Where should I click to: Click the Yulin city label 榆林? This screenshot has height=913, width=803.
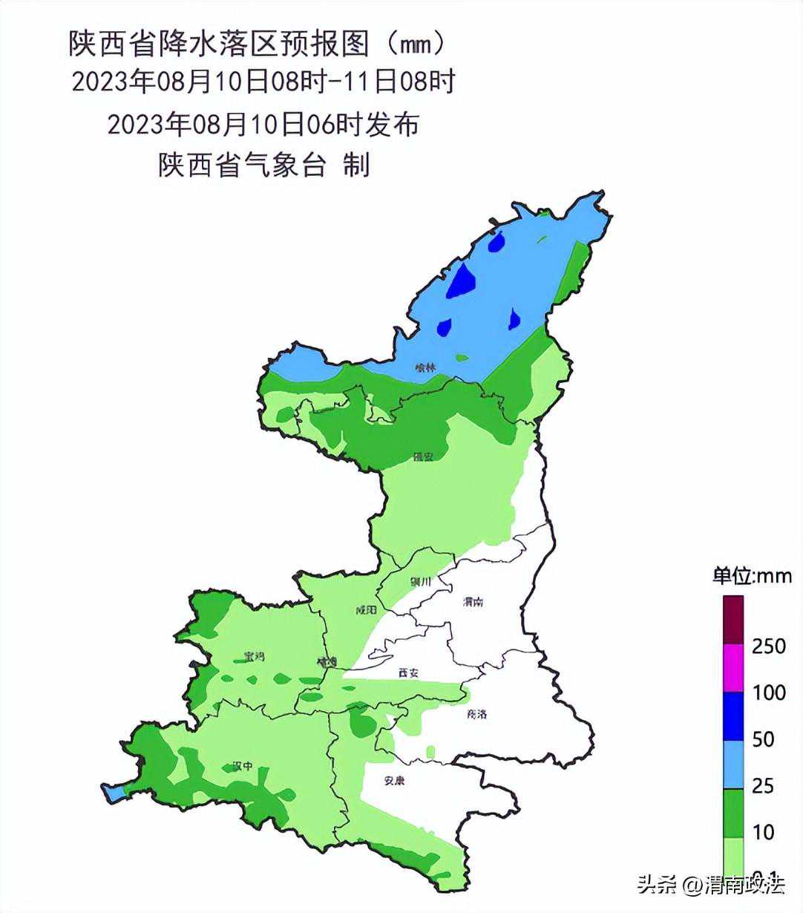pos(425,366)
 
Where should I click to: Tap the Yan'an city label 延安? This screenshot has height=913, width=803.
pos(423,456)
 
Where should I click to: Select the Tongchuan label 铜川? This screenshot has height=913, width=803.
pos(420,582)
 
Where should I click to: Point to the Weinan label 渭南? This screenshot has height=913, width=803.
pos(472,601)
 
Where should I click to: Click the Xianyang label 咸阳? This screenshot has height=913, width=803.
pos(366,610)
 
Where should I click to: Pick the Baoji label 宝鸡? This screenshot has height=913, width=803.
pos(254,656)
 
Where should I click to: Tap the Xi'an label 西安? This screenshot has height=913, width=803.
pos(408,673)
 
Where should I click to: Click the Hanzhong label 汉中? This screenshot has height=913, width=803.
pos(243,766)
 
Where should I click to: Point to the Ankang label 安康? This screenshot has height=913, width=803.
pos(395,780)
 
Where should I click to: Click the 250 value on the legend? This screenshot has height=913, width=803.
pos(769,646)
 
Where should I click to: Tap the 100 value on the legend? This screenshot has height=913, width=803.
pos(769,693)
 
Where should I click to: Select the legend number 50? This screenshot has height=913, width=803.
pos(763,739)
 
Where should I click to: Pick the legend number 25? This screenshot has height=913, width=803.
pos(763,785)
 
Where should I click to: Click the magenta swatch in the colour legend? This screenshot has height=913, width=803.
pos(733,667)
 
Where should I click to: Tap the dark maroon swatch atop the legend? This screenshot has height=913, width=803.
pos(733,619)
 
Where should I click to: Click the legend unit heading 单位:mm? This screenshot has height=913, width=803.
pos(752,576)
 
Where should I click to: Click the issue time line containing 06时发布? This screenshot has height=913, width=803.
pos(263,123)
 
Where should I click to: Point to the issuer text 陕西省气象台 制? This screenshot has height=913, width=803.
pos(263,165)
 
